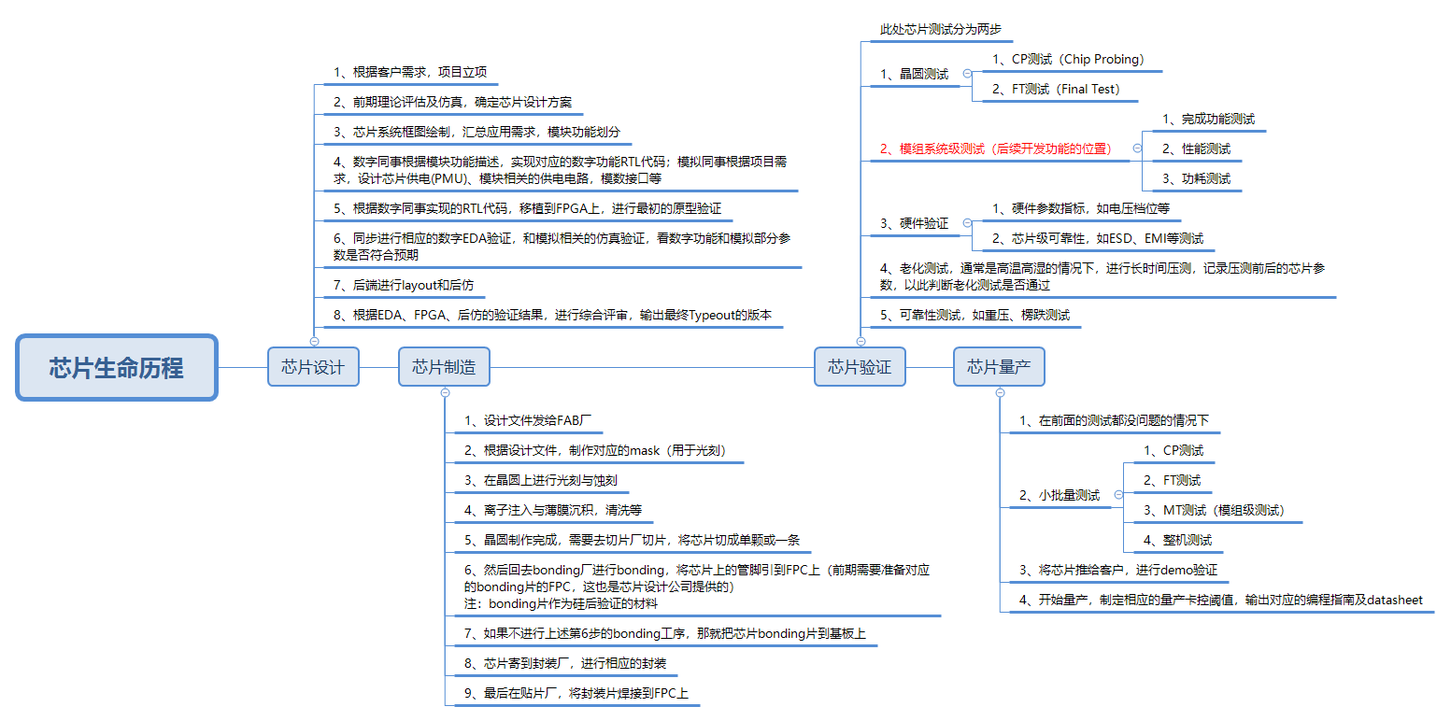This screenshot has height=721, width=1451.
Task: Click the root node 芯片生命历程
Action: (117, 367)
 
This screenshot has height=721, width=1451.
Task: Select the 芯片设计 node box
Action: (313, 367)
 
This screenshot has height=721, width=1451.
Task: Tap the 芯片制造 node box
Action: (444, 367)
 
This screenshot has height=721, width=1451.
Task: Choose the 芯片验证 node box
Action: (860, 367)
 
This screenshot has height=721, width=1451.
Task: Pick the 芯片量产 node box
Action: (999, 367)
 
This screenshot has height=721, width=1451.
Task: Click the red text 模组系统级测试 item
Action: (995, 148)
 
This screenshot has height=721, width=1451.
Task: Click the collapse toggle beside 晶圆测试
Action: (966, 74)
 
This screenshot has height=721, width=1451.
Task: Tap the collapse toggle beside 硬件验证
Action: (966, 223)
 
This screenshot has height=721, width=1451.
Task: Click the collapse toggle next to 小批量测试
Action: (1117, 495)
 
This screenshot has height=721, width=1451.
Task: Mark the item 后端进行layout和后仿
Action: (409, 284)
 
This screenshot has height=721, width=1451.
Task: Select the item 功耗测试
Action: (1196, 178)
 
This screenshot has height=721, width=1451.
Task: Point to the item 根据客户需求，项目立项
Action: (410, 73)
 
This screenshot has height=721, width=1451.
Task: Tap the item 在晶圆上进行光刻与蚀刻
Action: (541, 480)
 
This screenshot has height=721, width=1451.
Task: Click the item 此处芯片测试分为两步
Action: (940, 30)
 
